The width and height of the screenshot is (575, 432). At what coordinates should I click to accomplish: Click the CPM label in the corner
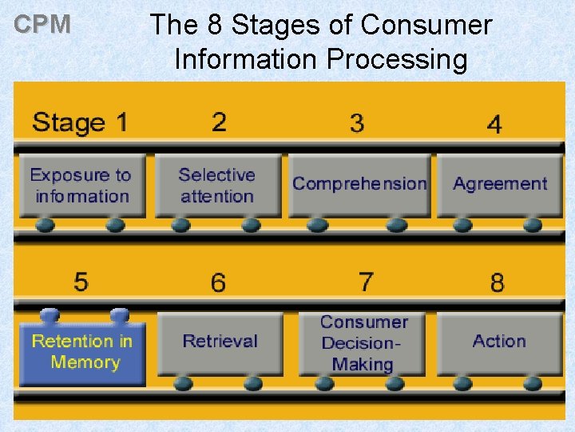[43, 25]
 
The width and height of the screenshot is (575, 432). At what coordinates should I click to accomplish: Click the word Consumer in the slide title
[426, 25]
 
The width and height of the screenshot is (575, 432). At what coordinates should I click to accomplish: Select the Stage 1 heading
[80, 123]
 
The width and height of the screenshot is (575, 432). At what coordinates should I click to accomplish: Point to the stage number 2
[219, 122]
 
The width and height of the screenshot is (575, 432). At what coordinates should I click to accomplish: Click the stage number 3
[357, 123]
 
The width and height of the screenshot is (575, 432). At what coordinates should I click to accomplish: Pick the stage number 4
[494, 125]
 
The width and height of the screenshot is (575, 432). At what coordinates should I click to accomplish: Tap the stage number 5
[81, 282]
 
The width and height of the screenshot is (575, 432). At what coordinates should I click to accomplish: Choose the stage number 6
[218, 282]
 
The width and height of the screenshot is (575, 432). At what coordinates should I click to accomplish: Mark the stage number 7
[365, 282]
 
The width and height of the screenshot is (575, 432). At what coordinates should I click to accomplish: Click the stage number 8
[498, 282]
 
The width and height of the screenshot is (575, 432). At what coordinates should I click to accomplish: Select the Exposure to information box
[81, 186]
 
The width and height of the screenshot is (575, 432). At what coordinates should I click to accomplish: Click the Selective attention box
[217, 186]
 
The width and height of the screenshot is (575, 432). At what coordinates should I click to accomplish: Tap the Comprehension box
[359, 184]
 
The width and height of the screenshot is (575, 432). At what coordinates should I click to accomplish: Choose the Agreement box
[500, 184]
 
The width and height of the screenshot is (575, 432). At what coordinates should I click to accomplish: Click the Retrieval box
[220, 342]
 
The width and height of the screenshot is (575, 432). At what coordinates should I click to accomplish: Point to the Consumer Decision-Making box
[363, 343]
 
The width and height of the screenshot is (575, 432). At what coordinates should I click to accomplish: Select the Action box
[499, 342]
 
